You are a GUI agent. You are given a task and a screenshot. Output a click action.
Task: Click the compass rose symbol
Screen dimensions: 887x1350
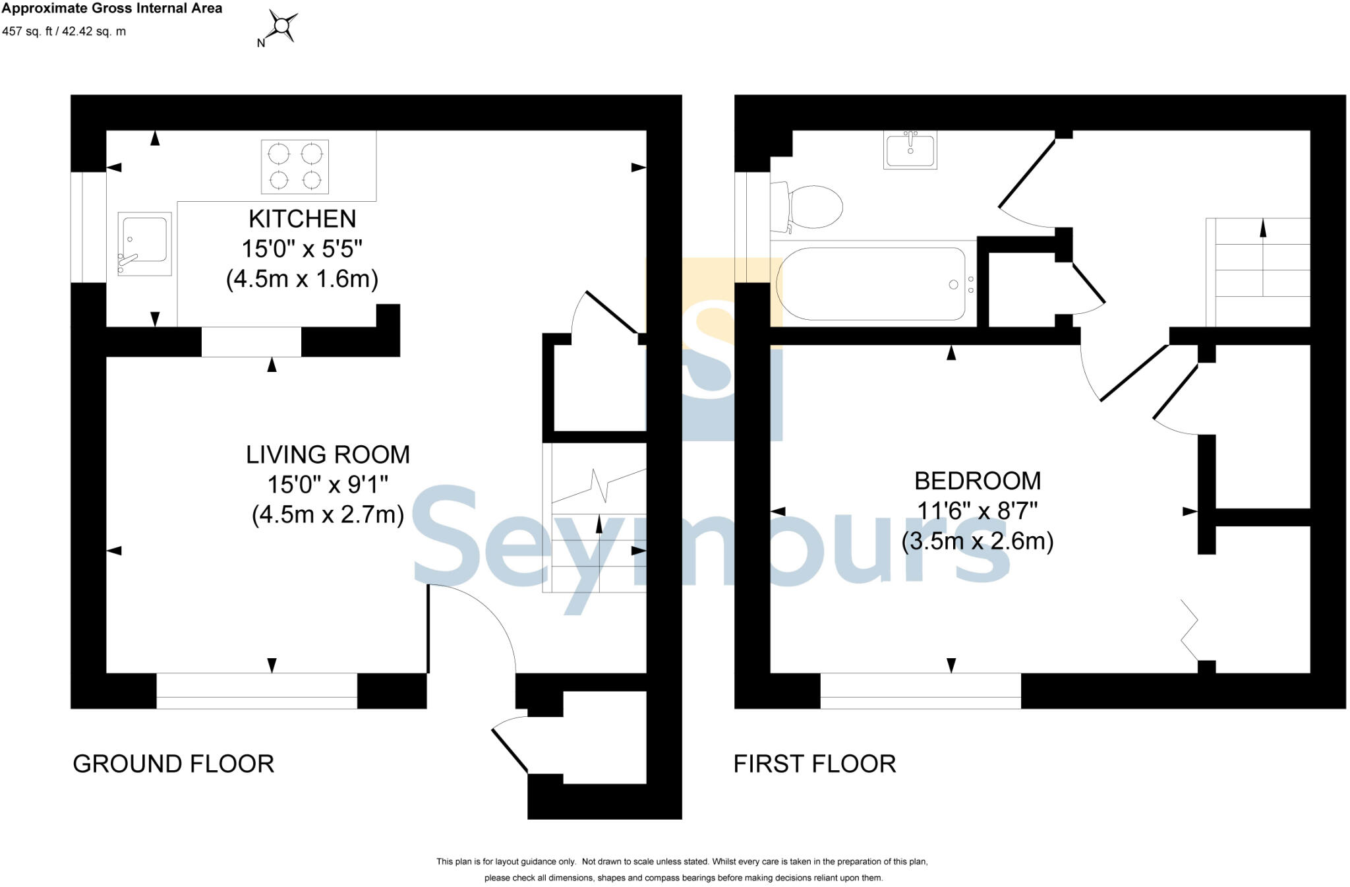pos(282,26)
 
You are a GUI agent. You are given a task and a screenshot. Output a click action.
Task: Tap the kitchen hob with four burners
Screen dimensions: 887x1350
pos(295,167)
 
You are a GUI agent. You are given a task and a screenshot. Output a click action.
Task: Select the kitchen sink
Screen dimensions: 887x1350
pos(144,243)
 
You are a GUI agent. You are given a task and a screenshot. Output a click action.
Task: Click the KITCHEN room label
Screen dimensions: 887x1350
pos(302,218)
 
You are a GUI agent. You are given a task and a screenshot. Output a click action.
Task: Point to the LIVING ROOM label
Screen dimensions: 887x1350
pos(328,454)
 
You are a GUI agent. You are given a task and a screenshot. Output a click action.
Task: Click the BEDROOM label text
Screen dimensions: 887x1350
pos(977,481)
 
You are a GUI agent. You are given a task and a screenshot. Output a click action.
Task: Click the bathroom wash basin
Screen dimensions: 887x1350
pos(910,150)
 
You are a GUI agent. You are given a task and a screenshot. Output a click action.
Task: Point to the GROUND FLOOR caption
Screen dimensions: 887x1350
pos(173,764)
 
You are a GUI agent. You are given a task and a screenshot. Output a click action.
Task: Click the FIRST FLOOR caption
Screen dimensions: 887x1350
pos(814,764)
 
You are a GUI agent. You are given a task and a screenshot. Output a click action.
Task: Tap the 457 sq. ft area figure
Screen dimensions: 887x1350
pos(29,31)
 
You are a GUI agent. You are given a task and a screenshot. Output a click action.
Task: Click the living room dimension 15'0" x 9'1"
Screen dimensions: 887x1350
pos(328,485)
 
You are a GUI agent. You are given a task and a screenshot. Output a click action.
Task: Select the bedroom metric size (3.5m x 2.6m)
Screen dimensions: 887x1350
pos(977,541)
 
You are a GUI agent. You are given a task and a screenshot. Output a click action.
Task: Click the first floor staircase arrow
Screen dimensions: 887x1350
pos(1262,228)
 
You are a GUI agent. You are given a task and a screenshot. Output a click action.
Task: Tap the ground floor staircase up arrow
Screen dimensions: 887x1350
pos(599,525)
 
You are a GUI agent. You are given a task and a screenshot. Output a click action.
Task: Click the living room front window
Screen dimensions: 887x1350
pos(256,690)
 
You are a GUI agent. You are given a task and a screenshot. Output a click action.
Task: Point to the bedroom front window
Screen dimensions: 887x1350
pos(920,690)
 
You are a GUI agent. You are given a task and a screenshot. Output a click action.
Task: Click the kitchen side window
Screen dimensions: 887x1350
pos(88,227)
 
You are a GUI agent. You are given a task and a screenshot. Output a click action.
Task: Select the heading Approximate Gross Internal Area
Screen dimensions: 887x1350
pos(112,9)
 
